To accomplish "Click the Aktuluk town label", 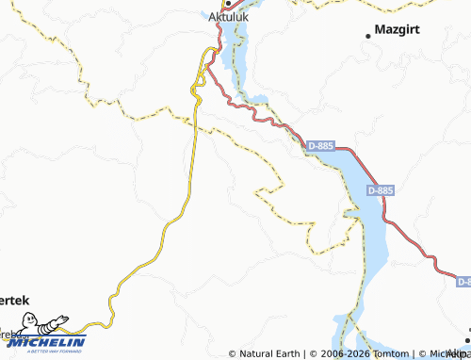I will click(227, 17).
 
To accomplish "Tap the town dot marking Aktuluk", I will click(227, 4).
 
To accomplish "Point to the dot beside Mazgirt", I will click(368, 35).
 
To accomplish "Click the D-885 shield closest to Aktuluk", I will click(320, 145).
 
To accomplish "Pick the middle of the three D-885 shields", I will click(381, 189).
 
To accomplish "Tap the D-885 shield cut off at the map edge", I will click(464, 281).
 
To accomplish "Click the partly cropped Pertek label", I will click(14, 300).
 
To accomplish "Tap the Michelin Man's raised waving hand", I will click(65, 318).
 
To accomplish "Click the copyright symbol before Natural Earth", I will click(233, 353).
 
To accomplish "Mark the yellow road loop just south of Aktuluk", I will click(198, 85).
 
